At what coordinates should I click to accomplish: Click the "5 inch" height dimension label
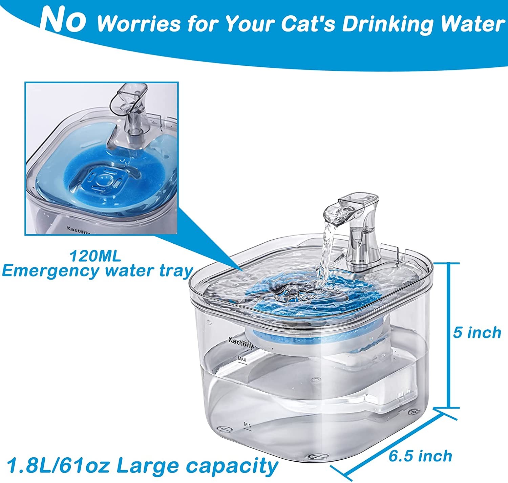477,332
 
